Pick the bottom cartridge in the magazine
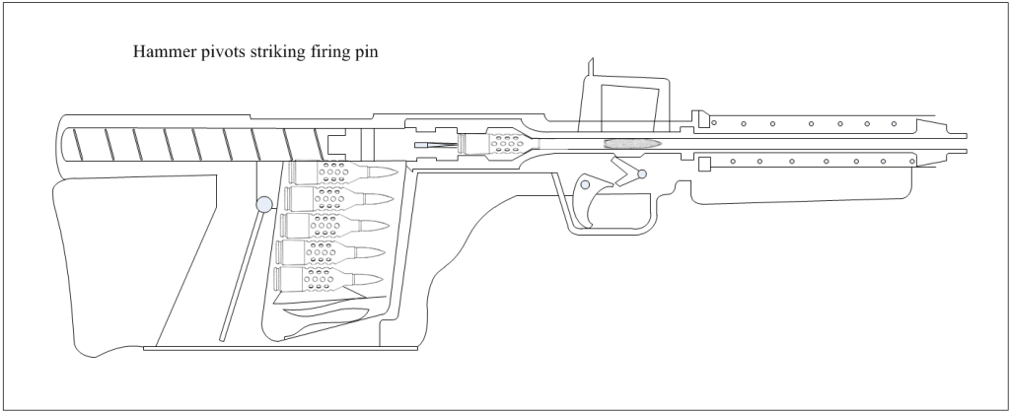click(325, 279)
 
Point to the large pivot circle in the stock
click(263, 205)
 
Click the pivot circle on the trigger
click(586, 184)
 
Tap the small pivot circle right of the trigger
click(642, 174)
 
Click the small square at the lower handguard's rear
click(703, 165)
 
